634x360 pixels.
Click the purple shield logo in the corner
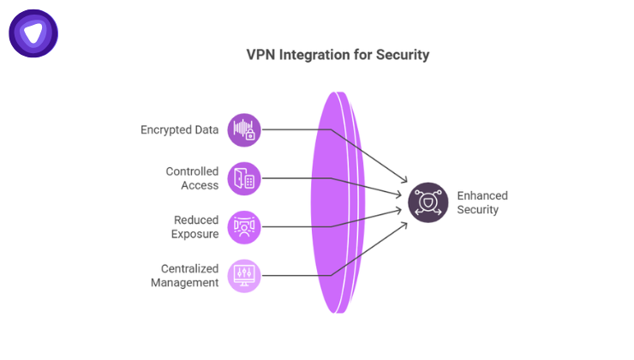pyautogui.click(x=33, y=33)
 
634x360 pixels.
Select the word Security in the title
pyautogui.click(x=400, y=55)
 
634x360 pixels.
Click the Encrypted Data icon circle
pyautogui.click(x=244, y=130)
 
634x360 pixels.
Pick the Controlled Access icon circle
pyautogui.click(x=244, y=179)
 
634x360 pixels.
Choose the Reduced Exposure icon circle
pyautogui.click(x=244, y=227)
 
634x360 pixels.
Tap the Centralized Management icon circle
pyautogui.click(x=244, y=275)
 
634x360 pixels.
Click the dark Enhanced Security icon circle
pyautogui.click(x=428, y=203)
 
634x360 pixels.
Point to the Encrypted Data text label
pyautogui.click(x=179, y=130)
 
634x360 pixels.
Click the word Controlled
pyautogui.click(x=192, y=171)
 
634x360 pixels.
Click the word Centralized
pyautogui.click(x=189, y=268)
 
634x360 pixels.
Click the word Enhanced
pyautogui.click(x=482, y=195)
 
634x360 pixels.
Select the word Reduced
pyautogui.click(x=196, y=220)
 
